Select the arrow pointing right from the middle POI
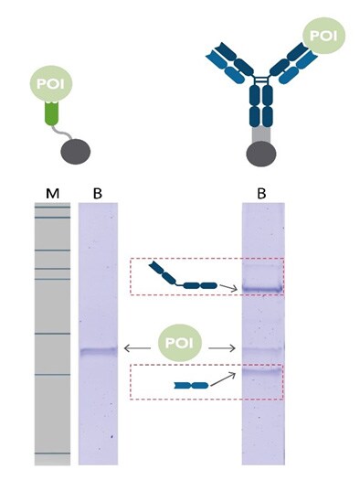223,348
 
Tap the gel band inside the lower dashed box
263,372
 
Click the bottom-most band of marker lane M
51,453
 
